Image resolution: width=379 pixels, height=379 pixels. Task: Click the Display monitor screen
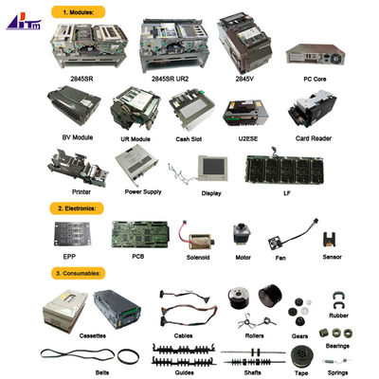211,168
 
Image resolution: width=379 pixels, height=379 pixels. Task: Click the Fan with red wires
280,237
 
